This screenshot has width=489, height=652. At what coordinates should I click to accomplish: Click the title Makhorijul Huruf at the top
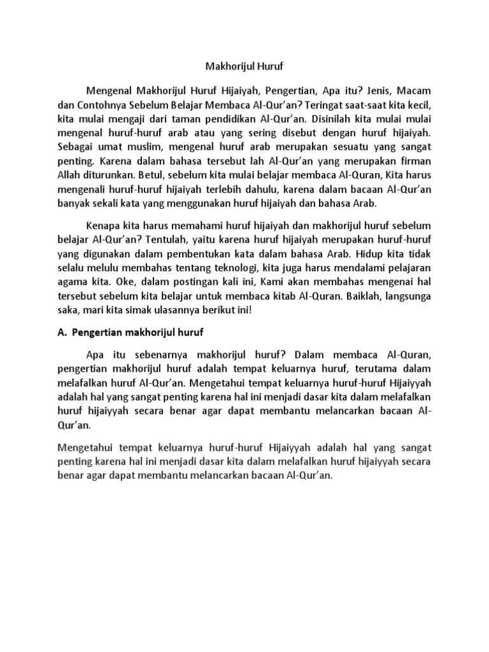pyautogui.click(x=244, y=64)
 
